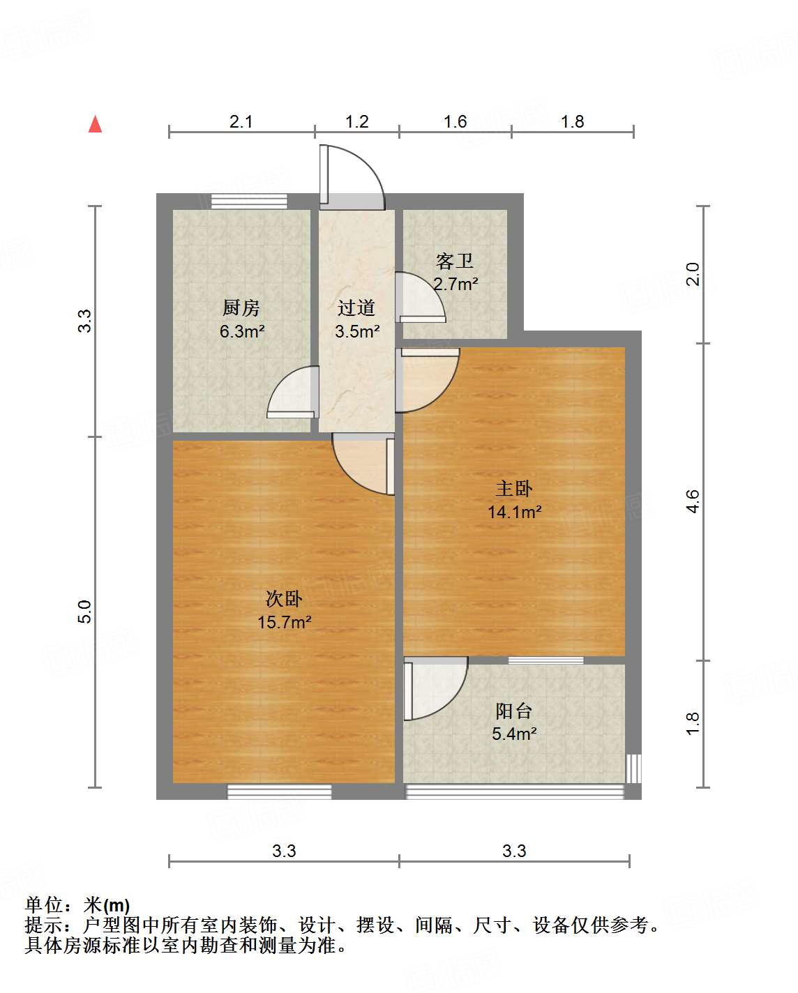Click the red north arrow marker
click(96, 124)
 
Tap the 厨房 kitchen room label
click(241, 308)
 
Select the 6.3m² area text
click(241, 331)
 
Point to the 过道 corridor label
click(356, 308)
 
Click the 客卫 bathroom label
click(455, 261)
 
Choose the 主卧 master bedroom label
click(514, 489)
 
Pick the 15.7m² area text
click(284, 622)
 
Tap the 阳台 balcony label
click(514, 711)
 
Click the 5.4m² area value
click(514, 734)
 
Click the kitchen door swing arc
click(292, 392)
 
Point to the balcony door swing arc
click(437, 688)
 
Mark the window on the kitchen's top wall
click(249, 202)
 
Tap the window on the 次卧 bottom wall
click(279, 791)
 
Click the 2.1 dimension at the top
click(241, 122)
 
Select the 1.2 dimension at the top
click(357, 122)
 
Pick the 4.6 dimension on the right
click(693, 502)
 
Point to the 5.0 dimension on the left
click(84, 612)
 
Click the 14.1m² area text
click(514, 512)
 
